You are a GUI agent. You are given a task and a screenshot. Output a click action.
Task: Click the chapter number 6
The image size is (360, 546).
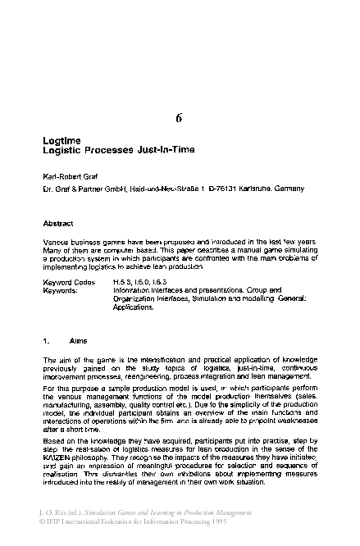[x=179, y=117]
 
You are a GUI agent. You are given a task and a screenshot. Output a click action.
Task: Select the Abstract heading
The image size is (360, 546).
[x=57, y=223]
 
